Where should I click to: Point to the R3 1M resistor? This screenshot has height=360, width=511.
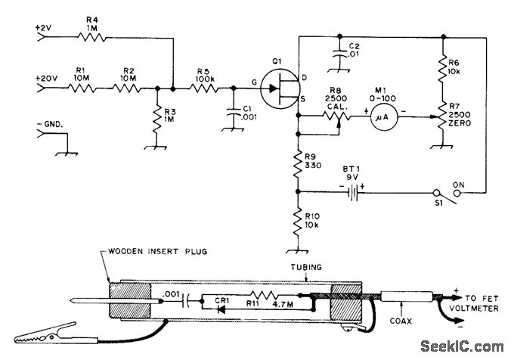(x=156, y=117)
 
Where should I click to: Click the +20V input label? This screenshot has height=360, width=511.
(x=45, y=76)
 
